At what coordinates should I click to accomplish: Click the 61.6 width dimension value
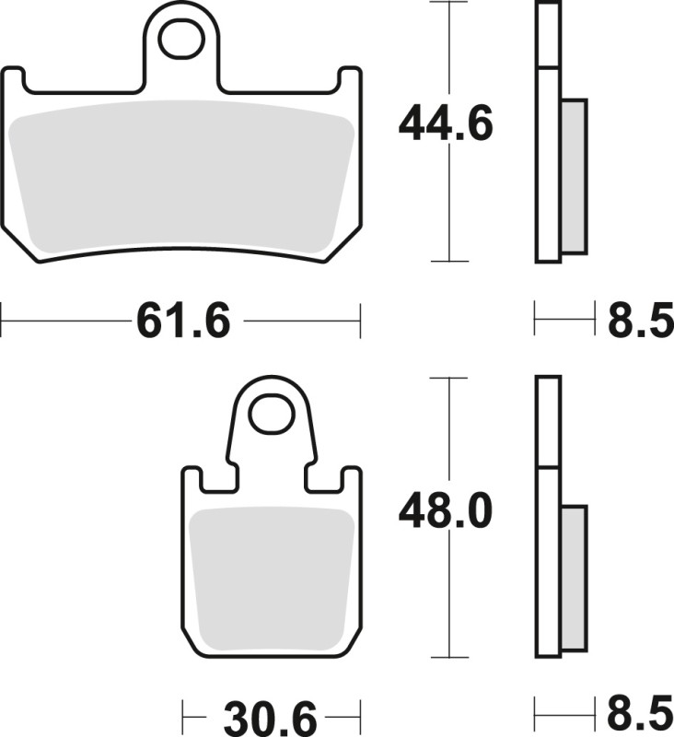coord(182,322)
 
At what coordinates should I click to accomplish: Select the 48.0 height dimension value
coord(447,512)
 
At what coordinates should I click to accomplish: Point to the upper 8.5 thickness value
coord(640,322)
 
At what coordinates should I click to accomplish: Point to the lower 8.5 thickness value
coord(640,716)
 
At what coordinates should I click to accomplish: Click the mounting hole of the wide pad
coord(180,38)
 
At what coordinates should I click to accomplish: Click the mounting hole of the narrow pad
coord(271,414)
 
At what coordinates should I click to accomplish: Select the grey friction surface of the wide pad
coord(180,175)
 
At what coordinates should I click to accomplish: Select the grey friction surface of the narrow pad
coord(271,576)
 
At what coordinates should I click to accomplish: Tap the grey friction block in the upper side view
coord(573,175)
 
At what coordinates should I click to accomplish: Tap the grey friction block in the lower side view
coord(573,576)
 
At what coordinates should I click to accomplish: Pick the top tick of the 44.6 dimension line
coord(448,3)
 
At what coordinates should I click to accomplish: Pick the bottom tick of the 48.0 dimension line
coord(448,658)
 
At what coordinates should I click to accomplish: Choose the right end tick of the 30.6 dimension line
coord(358,716)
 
